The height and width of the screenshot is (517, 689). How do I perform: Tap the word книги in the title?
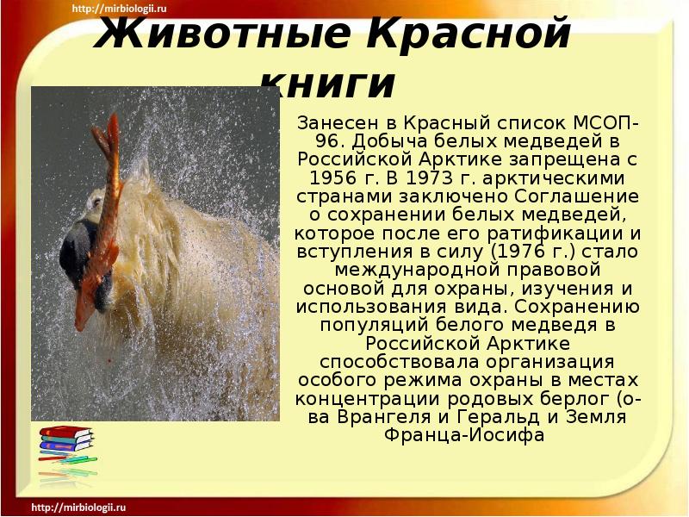pos(326,83)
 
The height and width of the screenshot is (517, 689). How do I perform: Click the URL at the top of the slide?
pos(120,9)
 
